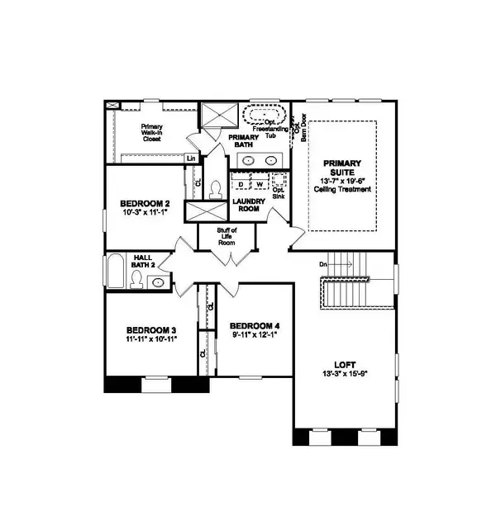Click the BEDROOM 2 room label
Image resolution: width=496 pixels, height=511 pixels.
pos(145,203)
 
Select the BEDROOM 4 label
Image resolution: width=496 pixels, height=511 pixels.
pos(254,324)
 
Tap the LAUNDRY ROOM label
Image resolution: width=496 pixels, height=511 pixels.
pos(248,205)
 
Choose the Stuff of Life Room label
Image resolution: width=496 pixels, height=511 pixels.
pos(227,236)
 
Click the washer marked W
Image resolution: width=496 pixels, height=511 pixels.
pos(259,183)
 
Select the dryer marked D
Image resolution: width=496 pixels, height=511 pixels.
pos(242,183)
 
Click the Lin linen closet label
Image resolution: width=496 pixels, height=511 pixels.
pos(191,158)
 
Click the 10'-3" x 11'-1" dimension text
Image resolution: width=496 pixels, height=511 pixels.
pos(145,213)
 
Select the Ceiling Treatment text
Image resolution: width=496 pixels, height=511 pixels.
pos(343,189)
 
